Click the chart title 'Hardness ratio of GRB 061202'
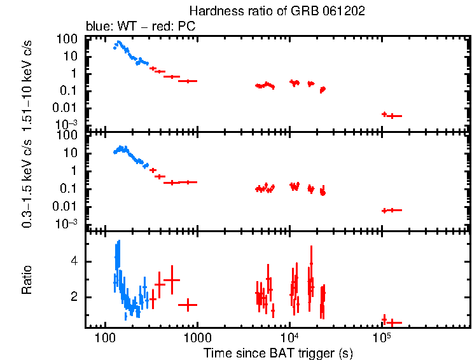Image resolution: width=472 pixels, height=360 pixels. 277,11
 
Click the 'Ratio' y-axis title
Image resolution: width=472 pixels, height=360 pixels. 27,280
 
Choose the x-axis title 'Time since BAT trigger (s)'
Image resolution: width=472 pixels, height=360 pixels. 278,352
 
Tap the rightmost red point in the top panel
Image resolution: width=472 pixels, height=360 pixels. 395,116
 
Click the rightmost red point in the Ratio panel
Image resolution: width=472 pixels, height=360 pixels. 395,322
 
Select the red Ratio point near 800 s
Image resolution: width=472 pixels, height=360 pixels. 188,305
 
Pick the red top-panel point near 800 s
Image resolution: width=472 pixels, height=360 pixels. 188,81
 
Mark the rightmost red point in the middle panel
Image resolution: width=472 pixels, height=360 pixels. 395,210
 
